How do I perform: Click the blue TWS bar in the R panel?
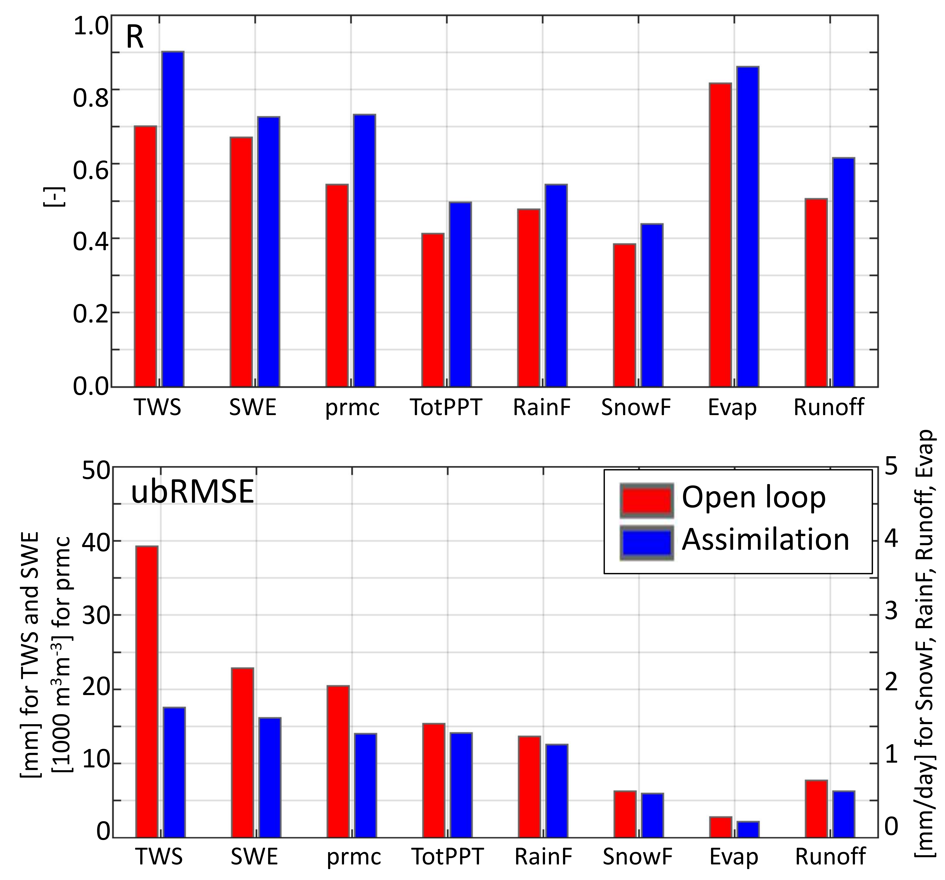(173, 219)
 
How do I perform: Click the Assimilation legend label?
(765, 540)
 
